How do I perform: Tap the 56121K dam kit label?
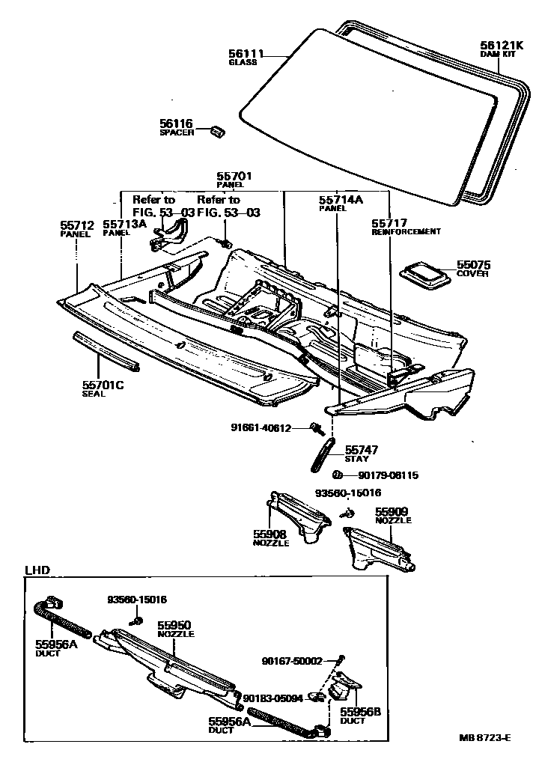pos(501,45)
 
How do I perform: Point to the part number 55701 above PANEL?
pos(234,177)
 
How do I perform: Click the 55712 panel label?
pos(75,224)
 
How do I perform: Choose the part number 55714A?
pos(341,200)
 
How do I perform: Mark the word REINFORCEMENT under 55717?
pos(406,232)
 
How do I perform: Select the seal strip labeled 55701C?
pos(105,353)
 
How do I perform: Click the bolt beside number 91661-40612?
pos(317,428)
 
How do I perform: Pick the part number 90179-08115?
pos(388,475)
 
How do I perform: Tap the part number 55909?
pos(393,512)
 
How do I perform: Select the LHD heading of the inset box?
pos(37,570)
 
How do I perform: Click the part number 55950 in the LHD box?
pos(174,624)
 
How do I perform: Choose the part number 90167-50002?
pos(292,661)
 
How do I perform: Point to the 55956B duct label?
pos(361,712)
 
